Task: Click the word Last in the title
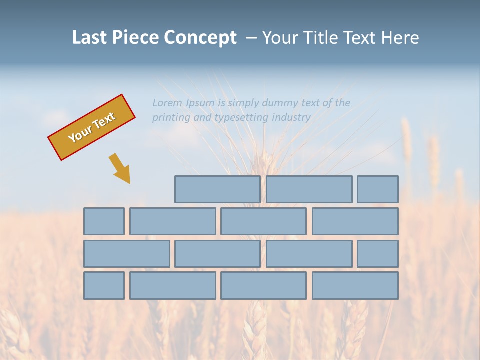[x=90, y=37]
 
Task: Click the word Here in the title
[x=400, y=37]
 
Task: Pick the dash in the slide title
[x=251, y=38]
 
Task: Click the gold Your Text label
[x=91, y=127]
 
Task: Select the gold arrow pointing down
[x=120, y=169]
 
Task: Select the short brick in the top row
[x=377, y=189]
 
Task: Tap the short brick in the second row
[x=104, y=221]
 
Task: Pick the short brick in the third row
[x=377, y=253]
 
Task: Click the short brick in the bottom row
[x=104, y=285]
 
